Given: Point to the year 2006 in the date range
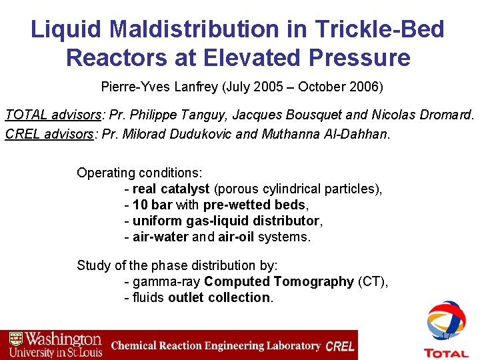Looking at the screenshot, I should pyautogui.click(x=371, y=87).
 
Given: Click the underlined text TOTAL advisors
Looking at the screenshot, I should pyautogui.click(x=49, y=115).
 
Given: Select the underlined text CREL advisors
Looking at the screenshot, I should pyautogui.click(x=47, y=133).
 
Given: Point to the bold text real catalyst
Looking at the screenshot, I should pyautogui.click(x=171, y=189).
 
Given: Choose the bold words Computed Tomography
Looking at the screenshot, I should pyautogui.click(x=279, y=281).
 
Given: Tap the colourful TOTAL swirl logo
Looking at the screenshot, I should pyautogui.click(x=446, y=323).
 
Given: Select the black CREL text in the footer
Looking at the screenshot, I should pyautogui.click(x=341, y=346).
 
